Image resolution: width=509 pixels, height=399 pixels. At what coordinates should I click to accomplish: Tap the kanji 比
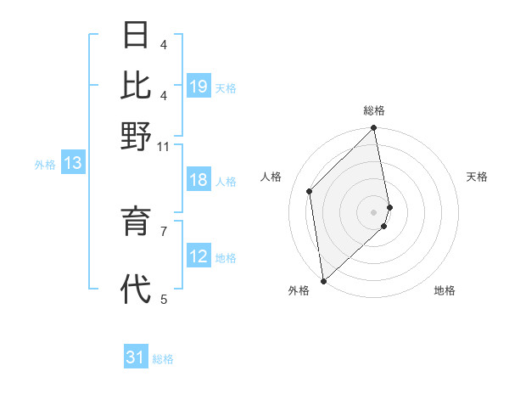click(136, 85)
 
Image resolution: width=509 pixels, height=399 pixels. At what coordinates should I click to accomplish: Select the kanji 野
click(136, 136)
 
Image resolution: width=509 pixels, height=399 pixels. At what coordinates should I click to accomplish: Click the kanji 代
click(136, 289)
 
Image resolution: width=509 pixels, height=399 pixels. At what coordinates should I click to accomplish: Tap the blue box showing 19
click(199, 87)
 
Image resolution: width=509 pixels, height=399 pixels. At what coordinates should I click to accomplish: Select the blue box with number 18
click(199, 180)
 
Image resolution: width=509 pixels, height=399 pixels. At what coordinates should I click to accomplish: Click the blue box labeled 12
click(199, 256)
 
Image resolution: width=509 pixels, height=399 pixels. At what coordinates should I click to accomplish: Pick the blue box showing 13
click(73, 164)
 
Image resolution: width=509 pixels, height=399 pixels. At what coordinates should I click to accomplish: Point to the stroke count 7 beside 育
click(165, 229)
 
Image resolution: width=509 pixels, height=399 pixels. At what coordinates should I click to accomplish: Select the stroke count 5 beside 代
click(165, 299)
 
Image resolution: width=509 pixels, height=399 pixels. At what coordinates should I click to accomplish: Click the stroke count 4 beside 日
click(164, 44)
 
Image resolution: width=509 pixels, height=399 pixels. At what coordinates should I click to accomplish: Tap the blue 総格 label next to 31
click(163, 359)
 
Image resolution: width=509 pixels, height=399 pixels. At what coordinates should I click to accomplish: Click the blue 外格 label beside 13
click(44, 165)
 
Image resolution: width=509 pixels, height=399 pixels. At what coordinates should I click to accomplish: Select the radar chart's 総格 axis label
click(374, 110)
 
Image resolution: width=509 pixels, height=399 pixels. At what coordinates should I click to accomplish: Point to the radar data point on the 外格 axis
click(323, 280)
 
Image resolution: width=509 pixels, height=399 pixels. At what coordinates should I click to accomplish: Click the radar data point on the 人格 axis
click(310, 191)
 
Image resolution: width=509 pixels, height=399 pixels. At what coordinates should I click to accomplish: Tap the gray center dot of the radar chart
click(374, 211)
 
